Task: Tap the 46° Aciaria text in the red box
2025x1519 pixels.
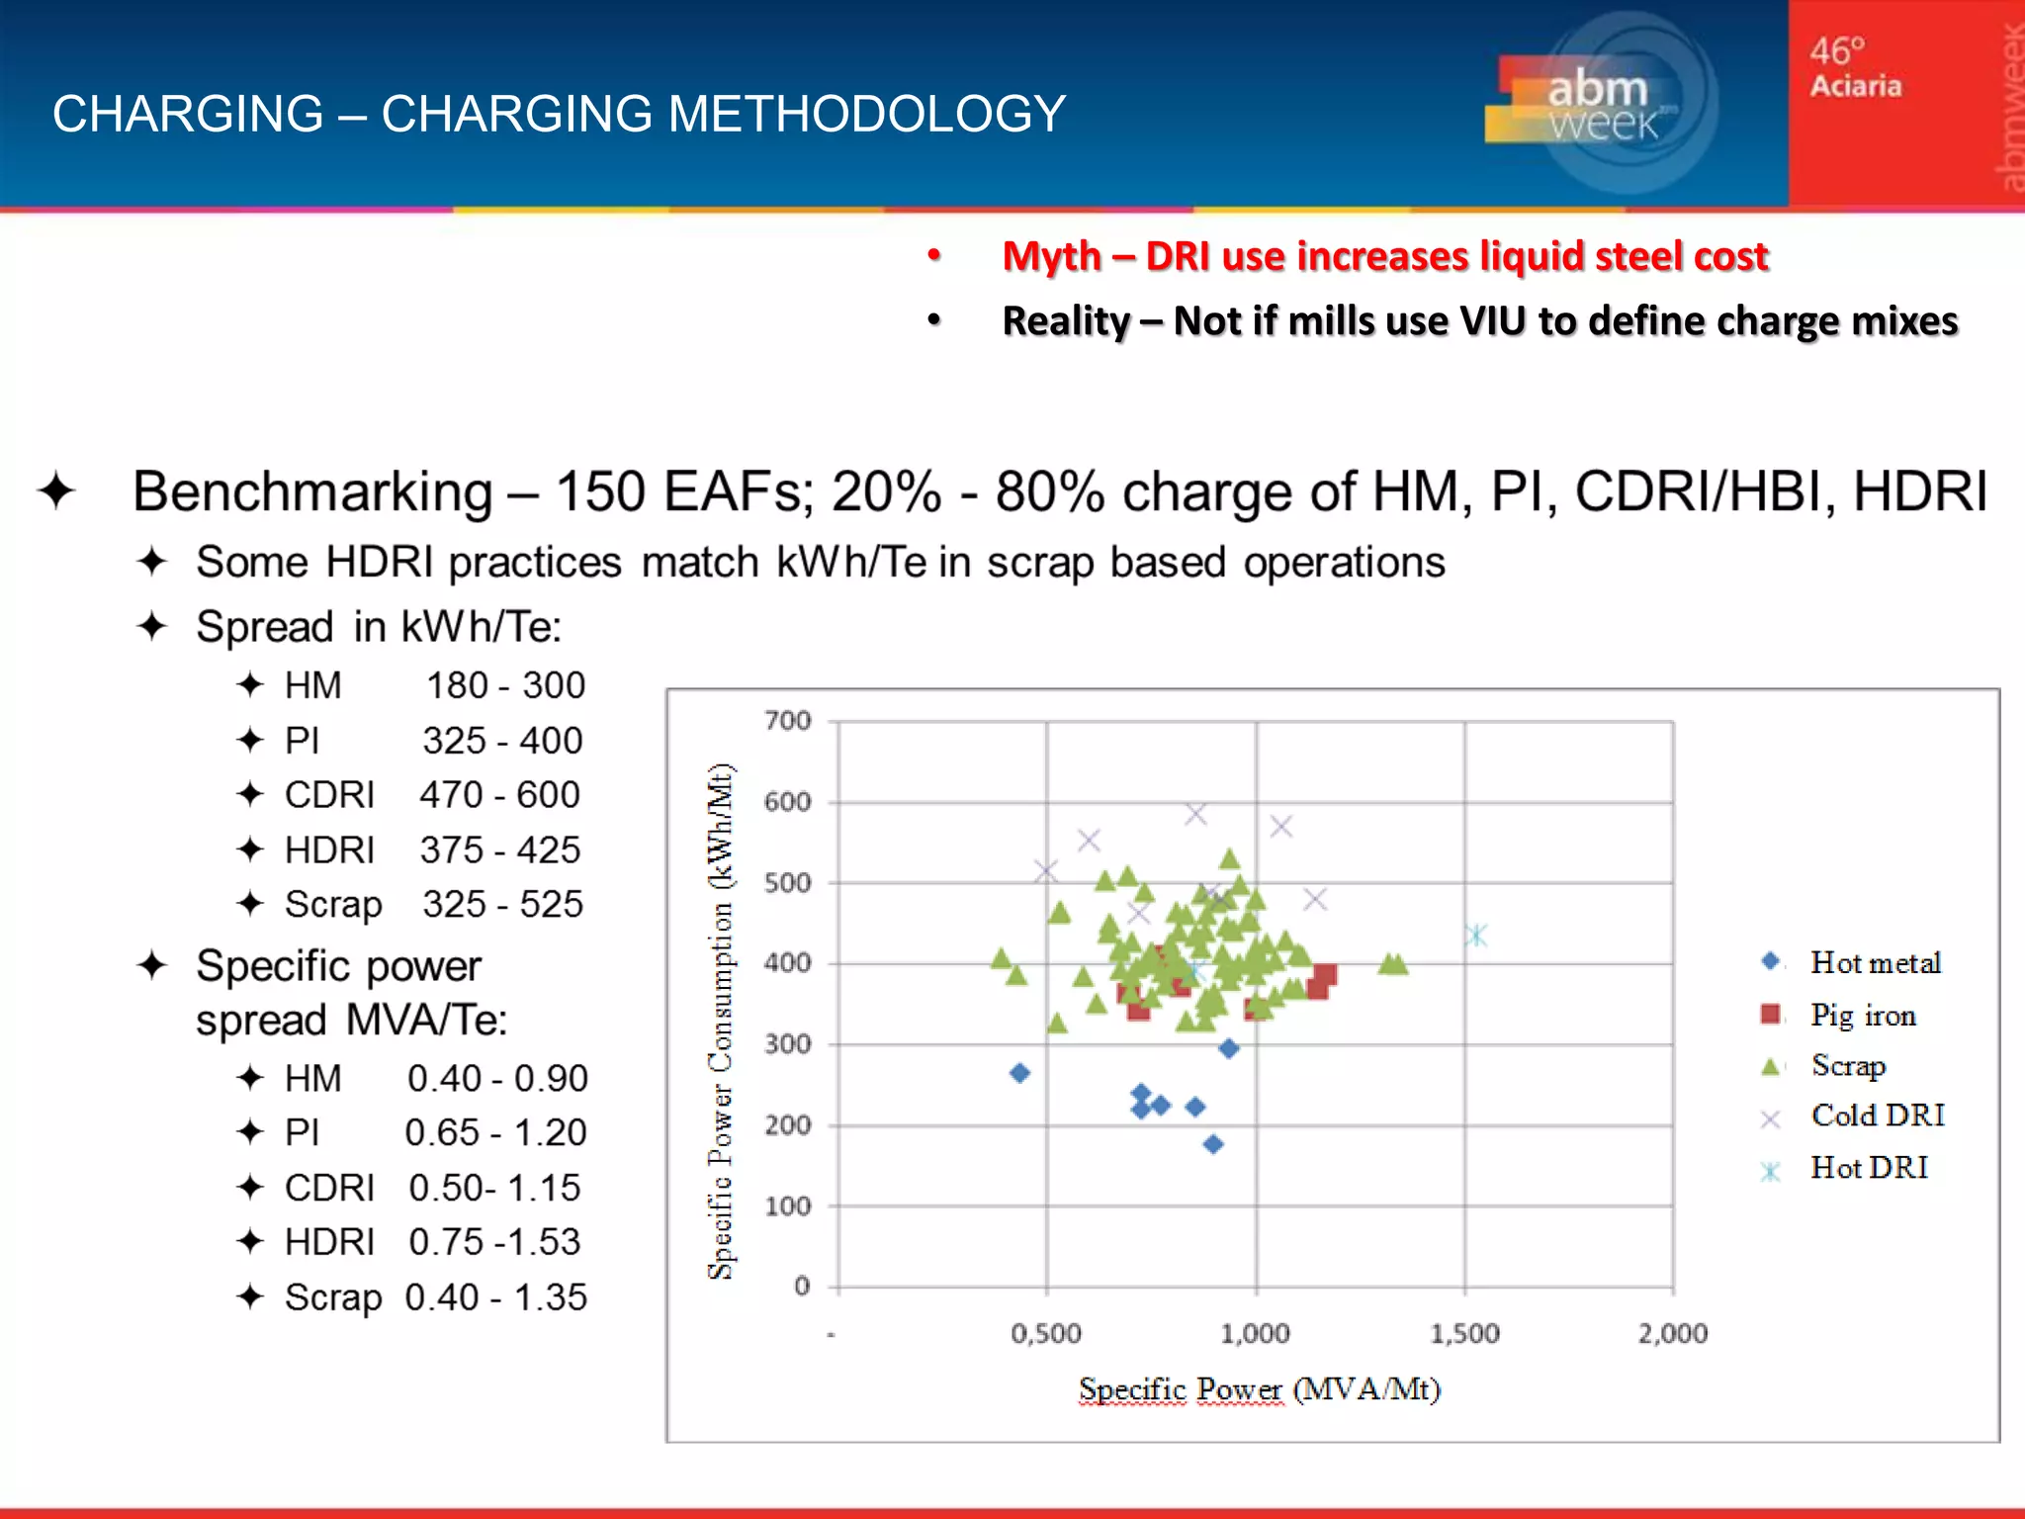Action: (x=1855, y=67)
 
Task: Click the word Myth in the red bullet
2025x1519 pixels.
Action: (x=1051, y=256)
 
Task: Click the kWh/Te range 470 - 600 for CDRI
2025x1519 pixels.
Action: (x=499, y=795)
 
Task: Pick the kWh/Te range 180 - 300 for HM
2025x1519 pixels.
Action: (x=505, y=685)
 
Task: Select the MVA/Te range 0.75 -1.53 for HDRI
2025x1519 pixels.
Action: (x=494, y=1242)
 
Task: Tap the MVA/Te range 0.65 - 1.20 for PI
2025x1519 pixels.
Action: (x=495, y=1132)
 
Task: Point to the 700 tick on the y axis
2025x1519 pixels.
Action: (x=787, y=721)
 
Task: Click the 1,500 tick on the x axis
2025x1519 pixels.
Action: (x=1464, y=1334)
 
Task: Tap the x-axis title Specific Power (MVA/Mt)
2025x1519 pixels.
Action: (x=1259, y=1389)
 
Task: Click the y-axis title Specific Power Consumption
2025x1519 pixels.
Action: (x=721, y=1021)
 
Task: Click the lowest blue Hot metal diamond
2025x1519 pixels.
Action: (x=1213, y=1144)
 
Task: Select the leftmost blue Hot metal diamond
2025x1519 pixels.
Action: (x=1019, y=1073)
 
